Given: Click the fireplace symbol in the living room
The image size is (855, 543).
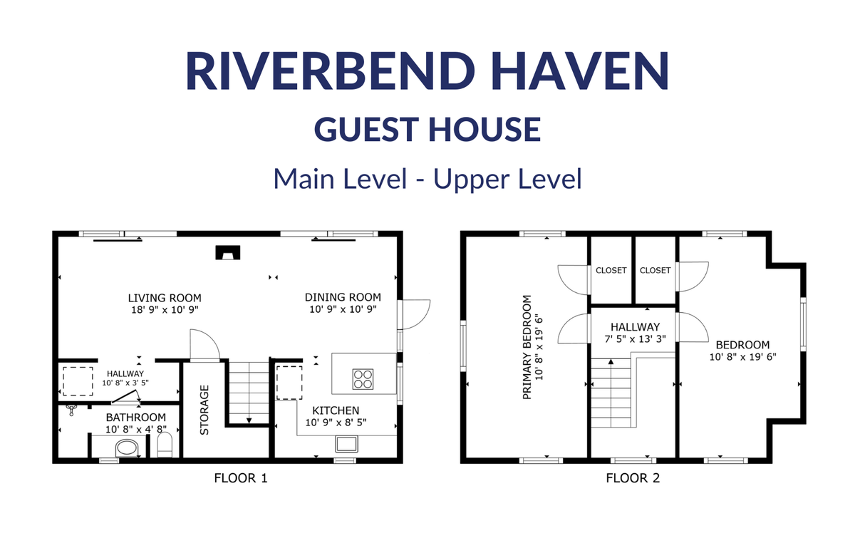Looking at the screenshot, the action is (x=228, y=252).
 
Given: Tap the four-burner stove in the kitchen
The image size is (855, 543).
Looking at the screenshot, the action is (x=363, y=379).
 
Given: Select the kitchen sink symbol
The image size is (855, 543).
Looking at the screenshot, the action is (x=346, y=444).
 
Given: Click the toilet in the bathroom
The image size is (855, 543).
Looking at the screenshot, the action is (x=165, y=445).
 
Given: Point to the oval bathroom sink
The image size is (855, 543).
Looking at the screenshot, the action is (x=127, y=448).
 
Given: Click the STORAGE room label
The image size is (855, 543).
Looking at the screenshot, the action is (x=204, y=410).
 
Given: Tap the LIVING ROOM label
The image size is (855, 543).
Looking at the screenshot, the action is (x=165, y=298).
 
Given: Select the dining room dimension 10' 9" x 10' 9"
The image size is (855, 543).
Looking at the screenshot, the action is (x=343, y=309).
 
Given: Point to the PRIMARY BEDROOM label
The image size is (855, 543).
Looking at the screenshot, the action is (x=527, y=347).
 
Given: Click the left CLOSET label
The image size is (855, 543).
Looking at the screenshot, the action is (x=611, y=270).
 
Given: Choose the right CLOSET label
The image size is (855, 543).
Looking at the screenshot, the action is (x=655, y=270).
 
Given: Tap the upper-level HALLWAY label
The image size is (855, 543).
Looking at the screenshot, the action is (x=635, y=327).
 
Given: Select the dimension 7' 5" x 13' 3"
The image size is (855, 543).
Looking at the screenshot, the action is (x=635, y=338).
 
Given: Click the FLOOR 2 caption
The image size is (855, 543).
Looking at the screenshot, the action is (x=633, y=478).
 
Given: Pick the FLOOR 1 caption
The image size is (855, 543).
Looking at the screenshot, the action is (x=241, y=478).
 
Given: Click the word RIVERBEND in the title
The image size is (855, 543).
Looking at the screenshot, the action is (x=330, y=71).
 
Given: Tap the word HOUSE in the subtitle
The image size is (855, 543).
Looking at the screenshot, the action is (x=484, y=129).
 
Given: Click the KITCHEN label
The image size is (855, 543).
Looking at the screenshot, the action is (x=336, y=410).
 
